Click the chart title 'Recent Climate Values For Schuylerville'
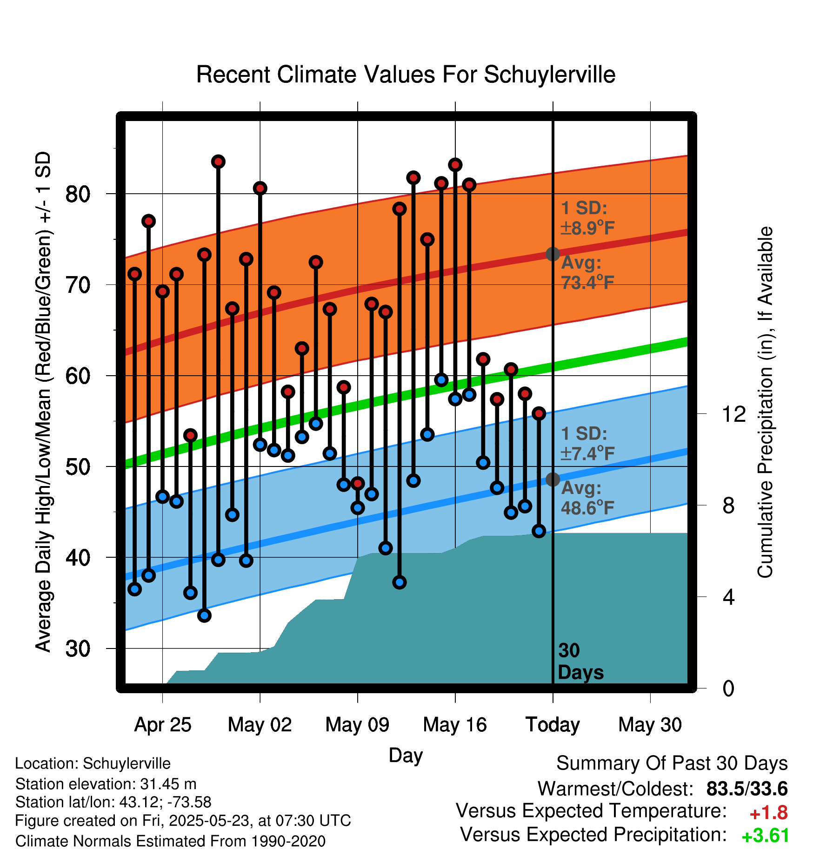click(x=406, y=74)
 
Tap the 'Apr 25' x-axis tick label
click(x=163, y=725)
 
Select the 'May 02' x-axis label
click(x=260, y=725)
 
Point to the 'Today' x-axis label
click(x=553, y=725)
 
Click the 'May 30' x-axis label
click(x=650, y=725)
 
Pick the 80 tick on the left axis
click(x=78, y=194)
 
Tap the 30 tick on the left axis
click(x=78, y=648)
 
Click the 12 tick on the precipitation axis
click(x=733, y=414)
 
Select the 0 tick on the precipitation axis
click(x=728, y=688)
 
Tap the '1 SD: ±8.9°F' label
click(x=587, y=218)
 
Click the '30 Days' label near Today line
click(x=580, y=662)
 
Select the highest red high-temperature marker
click(x=218, y=162)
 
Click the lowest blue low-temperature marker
click(x=204, y=615)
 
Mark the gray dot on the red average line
click(x=553, y=254)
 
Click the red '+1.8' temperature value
click(x=768, y=813)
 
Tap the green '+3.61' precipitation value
click(x=765, y=836)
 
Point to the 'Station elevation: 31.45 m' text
click(x=106, y=784)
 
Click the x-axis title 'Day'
click(x=406, y=755)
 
